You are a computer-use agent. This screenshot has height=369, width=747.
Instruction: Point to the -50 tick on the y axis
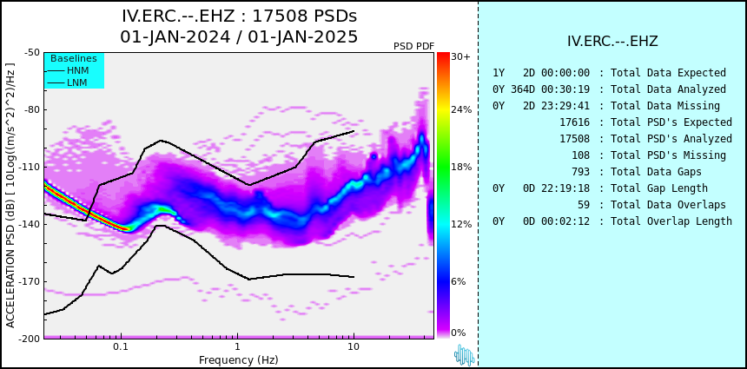[x=32, y=52]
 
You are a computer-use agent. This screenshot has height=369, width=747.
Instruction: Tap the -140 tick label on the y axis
[x=30, y=224]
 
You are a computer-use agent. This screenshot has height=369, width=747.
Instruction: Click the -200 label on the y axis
[x=30, y=339]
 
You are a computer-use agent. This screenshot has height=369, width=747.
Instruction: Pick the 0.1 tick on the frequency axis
[x=121, y=347]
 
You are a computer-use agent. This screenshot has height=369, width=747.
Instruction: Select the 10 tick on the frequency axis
[x=353, y=347]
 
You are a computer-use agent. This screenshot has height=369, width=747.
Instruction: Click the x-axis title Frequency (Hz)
[x=238, y=359]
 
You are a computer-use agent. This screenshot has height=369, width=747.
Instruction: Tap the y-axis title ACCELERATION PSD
[x=10, y=196]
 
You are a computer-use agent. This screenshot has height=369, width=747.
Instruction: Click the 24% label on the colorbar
[x=461, y=109]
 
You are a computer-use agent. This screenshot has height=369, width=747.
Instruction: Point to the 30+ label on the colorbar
[x=460, y=56]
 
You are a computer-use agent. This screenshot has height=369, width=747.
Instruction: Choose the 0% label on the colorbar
[x=459, y=333]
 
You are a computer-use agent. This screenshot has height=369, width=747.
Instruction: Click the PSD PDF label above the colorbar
[x=413, y=46]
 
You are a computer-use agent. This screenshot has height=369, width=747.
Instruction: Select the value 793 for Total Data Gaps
[x=580, y=171]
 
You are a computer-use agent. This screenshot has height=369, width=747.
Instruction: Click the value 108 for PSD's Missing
[x=580, y=155]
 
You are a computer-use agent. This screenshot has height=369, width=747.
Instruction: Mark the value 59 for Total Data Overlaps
[x=583, y=204]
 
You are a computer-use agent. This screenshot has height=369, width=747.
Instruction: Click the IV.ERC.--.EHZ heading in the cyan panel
[x=612, y=41]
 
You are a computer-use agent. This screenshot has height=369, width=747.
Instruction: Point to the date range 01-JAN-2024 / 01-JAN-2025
[x=239, y=36]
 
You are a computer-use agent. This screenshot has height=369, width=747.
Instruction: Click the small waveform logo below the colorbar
[x=465, y=355]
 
